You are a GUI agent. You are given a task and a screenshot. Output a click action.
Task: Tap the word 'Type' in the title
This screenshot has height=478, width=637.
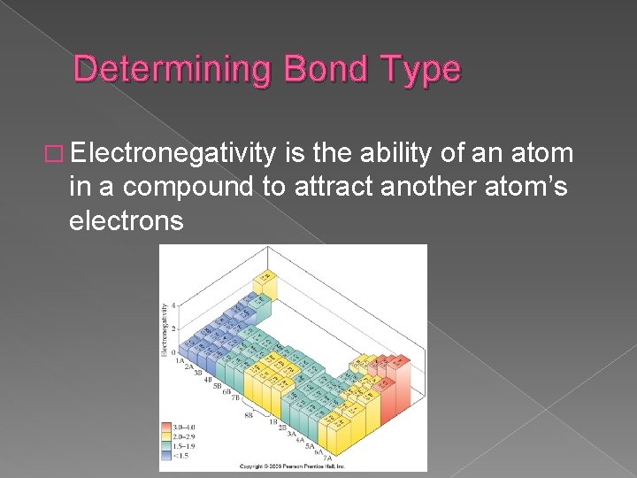coord(423,69)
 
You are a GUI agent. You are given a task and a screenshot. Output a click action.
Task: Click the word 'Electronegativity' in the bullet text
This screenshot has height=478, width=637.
coord(175,156)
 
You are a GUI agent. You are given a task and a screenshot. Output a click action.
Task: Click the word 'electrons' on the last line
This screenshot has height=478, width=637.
coord(126,220)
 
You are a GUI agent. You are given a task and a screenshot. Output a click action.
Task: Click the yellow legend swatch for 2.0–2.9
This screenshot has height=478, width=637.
coord(165,436)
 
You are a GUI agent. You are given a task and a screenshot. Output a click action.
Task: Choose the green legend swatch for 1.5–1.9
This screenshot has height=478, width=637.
coord(165,444)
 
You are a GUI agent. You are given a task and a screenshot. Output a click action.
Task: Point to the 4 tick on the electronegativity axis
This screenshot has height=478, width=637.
coord(173,305)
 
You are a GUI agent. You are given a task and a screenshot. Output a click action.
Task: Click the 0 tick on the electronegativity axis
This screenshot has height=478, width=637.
coord(173,351)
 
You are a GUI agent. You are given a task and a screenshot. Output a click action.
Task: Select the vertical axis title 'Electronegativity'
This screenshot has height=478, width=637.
coord(165,328)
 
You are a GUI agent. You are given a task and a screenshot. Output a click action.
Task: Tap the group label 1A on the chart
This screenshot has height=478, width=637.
coord(179,361)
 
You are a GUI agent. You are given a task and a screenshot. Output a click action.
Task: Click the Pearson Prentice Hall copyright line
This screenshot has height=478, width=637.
coord(293,466)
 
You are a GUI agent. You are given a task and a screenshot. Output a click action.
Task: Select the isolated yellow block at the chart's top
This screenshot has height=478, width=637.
coord(264,281)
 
